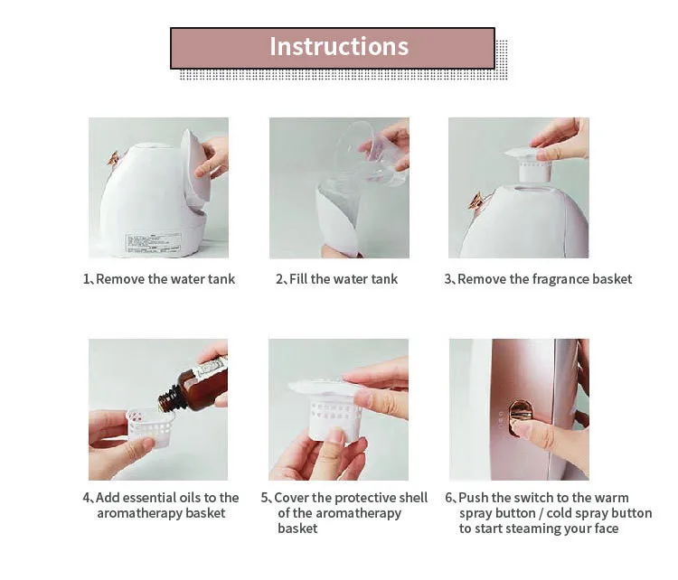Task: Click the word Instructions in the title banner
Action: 339,46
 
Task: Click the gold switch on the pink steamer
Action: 519,416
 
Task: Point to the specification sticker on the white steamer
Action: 153,243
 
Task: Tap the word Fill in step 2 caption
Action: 298,279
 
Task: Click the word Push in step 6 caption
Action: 473,498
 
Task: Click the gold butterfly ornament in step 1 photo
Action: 114,158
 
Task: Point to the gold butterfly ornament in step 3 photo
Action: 476,201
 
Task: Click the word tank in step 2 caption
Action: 384,279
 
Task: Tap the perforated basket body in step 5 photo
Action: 335,419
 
